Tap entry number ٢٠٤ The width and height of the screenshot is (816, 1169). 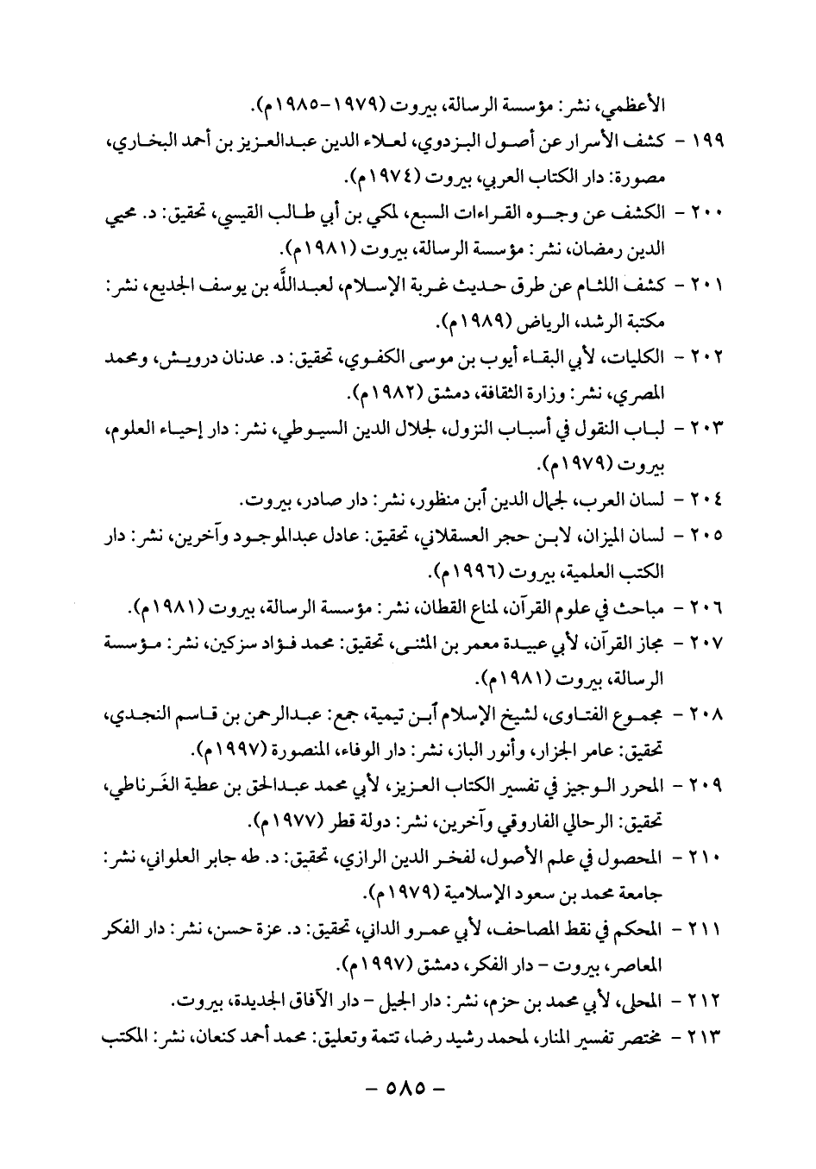(702, 499)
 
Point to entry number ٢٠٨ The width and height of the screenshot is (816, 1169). (702, 713)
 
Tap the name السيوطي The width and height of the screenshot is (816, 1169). (418, 429)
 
